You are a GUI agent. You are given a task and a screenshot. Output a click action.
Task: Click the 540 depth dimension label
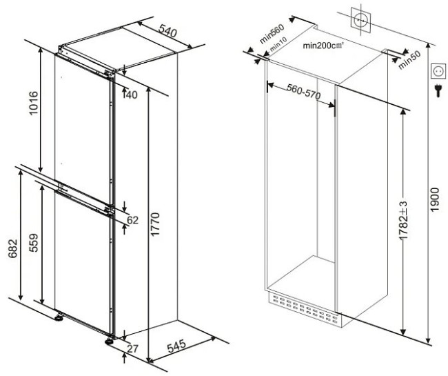tap(167, 31)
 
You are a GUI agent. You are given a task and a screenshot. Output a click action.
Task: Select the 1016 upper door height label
tap(34, 103)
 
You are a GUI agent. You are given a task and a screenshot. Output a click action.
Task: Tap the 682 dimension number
tap(13, 248)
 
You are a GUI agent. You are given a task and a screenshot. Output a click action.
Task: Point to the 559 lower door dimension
tap(34, 243)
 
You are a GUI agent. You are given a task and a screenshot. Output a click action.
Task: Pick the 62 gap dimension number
tap(132, 220)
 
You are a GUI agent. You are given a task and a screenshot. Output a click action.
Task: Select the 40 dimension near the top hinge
tap(132, 95)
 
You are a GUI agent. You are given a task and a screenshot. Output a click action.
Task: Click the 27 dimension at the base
tap(132, 348)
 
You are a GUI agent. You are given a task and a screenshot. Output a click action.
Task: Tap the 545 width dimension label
tap(176, 346)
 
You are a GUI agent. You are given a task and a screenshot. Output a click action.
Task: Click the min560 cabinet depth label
tap(272, 34)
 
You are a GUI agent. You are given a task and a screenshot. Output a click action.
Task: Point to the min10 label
tap(278, 45)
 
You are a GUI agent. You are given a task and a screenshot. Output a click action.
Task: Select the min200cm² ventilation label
tap(323, 45)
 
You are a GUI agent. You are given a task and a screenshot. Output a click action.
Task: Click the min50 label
tap(409, 60)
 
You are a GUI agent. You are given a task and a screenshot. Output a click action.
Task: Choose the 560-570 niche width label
tap(304, 92)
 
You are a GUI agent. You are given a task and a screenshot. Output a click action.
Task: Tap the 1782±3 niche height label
tap(403, 220)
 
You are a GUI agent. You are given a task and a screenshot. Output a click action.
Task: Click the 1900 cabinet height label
tap(434, 199)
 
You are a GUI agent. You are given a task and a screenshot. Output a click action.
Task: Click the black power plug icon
tap(438, 90)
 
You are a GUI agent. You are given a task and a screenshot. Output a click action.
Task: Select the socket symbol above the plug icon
tap(438, 71)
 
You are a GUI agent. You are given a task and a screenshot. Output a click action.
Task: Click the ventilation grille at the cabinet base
tap(303, 309)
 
